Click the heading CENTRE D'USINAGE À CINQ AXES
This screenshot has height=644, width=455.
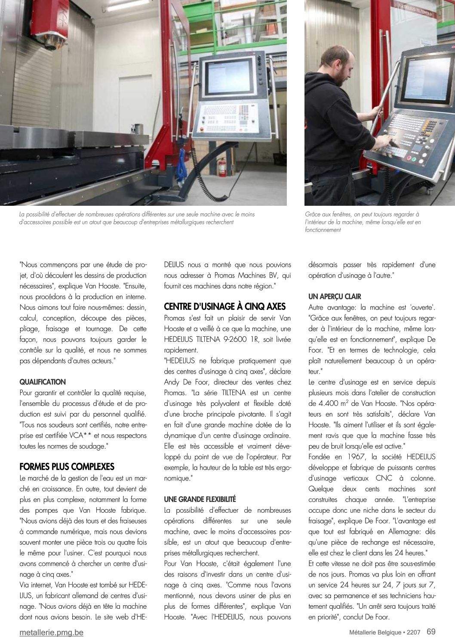click(224, 307)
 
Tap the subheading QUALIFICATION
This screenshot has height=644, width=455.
click(43, 382)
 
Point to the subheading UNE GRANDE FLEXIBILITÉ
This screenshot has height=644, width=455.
click(200, 499)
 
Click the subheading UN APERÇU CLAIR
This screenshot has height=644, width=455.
click(335, 297)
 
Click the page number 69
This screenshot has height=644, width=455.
click(431, 632)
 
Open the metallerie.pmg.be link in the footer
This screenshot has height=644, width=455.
click(52, 632)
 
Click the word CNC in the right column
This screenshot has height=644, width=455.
click(380, 478)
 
